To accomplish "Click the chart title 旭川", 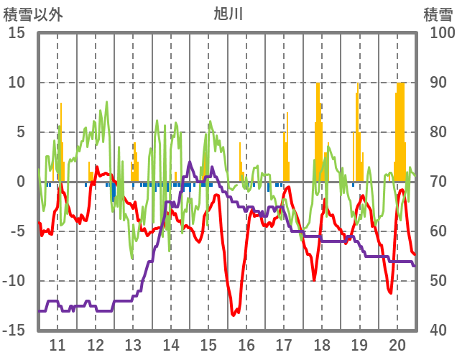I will [x=228, y=14].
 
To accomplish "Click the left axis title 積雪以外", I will [x=33, y=14].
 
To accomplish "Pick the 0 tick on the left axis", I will [x=21, y=182].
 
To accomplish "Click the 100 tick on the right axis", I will [x=442, y=33].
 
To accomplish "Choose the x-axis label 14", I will [x=171, y=343].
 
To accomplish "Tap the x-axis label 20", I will [x=397, y=343].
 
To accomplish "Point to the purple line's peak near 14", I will [x=190, y=162].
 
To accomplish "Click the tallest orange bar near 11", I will [x=60, y=103].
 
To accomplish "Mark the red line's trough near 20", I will [x=390, y=292].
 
